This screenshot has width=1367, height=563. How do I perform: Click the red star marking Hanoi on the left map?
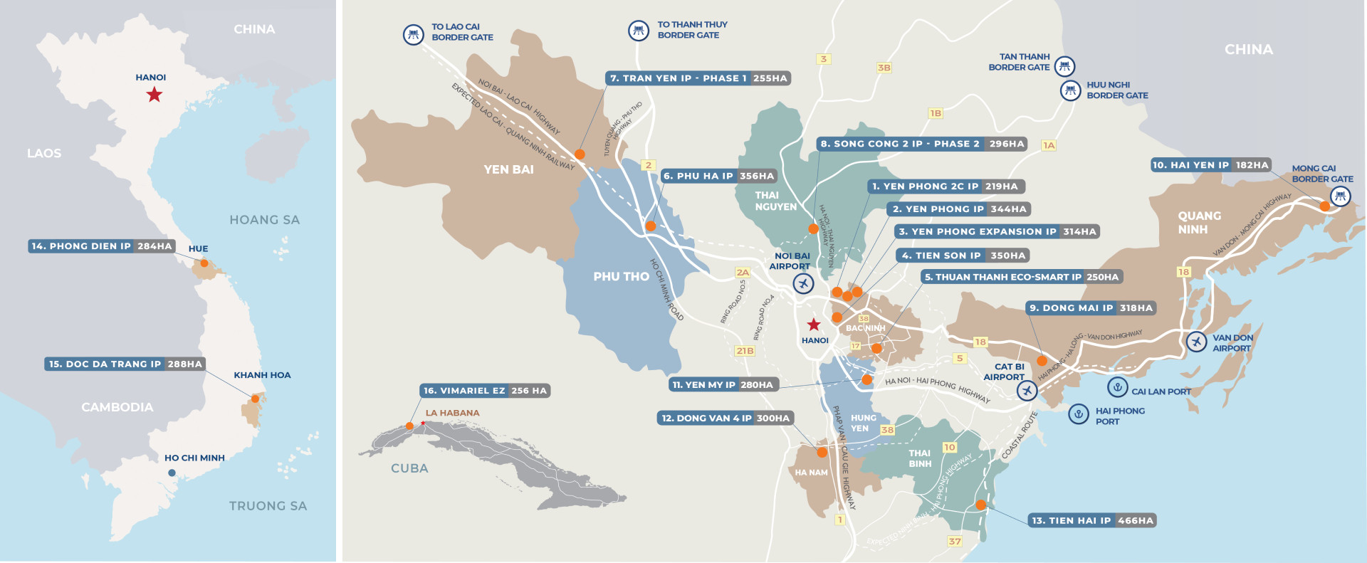click(154, 95)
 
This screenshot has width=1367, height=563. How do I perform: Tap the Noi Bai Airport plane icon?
click(803, 283)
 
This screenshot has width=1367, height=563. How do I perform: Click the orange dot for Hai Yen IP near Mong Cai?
click(1324, 206)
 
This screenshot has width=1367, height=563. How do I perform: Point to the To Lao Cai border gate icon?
click(414, 33)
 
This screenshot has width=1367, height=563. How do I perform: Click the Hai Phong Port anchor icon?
click(1079, 414)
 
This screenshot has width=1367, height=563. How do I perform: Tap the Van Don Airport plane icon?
click(1197, 342)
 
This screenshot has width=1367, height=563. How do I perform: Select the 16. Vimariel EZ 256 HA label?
click(485, 391)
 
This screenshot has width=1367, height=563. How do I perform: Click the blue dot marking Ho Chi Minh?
click(172, 473)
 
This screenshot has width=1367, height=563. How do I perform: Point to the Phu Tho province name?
click(621, 276)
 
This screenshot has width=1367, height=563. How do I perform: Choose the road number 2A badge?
click(743, 273)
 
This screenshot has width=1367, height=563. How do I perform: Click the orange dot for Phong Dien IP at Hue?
click(204, 263)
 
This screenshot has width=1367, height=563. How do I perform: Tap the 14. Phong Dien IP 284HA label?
click(102, 246)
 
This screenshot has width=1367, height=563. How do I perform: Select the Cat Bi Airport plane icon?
click(1027, 390)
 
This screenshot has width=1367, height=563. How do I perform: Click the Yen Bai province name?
click(508, 169)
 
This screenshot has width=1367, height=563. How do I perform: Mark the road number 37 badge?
click(955, 541)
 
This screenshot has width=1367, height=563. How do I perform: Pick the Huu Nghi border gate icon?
click(1070, 90)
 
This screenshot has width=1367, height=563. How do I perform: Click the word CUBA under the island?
click(409, 468)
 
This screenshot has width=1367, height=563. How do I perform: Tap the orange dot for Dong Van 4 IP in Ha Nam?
click(822, 452)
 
